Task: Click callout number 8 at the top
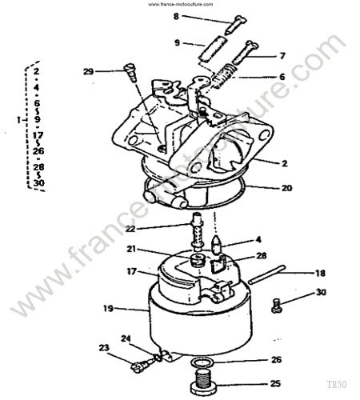[177, 16]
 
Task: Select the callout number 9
[177, 42]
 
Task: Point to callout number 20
[287, 189]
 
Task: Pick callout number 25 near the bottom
[276, 382]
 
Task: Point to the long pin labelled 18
[266, 276]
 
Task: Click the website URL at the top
[180, 4]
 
